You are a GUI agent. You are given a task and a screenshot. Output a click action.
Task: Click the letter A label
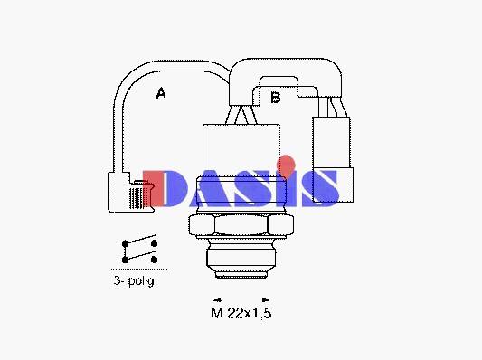coord(161,93)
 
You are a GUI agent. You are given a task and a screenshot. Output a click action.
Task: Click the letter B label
coord(276,98)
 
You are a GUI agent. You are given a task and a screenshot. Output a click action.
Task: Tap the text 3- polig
coord(134,280)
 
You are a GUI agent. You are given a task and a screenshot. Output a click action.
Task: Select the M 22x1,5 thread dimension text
coord(241,313)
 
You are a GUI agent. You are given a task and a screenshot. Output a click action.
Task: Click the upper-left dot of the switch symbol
coord(125,244)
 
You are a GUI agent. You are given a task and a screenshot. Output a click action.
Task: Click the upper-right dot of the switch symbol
coord(154,243)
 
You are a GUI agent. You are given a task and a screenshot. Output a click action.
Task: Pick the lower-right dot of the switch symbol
coord(154,260)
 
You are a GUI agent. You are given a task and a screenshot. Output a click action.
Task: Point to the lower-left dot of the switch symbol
coord(125,260)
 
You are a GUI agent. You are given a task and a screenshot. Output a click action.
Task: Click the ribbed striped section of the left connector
coord(137,198)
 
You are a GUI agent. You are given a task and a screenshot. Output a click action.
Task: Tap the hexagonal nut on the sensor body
coord(241,225)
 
